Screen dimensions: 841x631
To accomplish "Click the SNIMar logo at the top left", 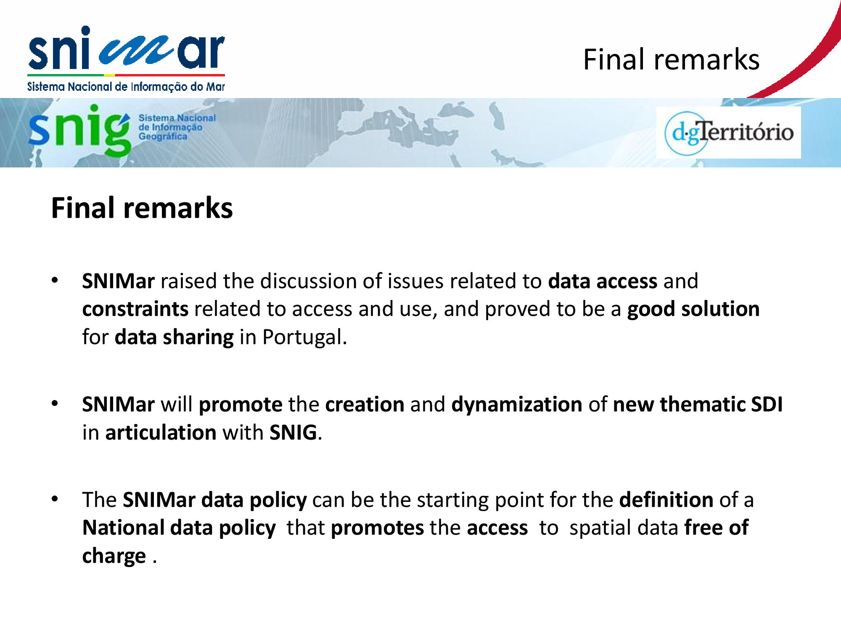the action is [x=126, y=59].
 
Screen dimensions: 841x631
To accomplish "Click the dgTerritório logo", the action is [x=729, y=133].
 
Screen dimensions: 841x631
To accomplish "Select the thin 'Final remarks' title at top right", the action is [x=671, y=59].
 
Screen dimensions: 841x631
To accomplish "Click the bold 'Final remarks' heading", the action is [x=142, y=208].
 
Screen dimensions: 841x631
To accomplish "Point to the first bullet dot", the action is [x=55, y=280].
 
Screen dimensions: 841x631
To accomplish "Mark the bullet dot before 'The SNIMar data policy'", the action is [x=55, y=499].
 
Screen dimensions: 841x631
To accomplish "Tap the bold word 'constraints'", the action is [x=135, y=309].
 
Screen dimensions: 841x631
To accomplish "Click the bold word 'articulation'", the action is [x=161, y=432].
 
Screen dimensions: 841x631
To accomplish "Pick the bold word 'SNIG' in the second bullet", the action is [x=293, y=432].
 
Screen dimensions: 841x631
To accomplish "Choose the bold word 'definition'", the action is [x=666, y=500].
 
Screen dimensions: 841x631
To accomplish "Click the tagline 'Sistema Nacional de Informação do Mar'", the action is [x=126, y=87].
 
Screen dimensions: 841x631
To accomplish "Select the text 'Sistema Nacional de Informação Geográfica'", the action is [x=177, y=127].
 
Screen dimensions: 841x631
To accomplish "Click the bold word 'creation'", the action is [x=365, y=404].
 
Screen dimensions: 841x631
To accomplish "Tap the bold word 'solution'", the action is [x=720, y=309].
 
